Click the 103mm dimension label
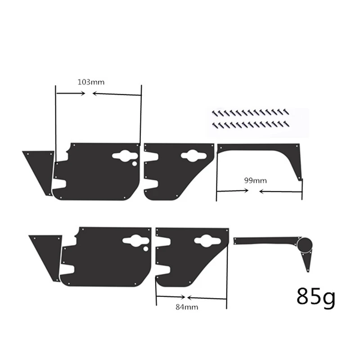coord(89,82)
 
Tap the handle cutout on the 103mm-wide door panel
coord(124,156)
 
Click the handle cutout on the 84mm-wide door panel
coord(207,241)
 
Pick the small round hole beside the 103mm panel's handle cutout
coord(134,164)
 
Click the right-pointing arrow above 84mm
coord(171,297)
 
